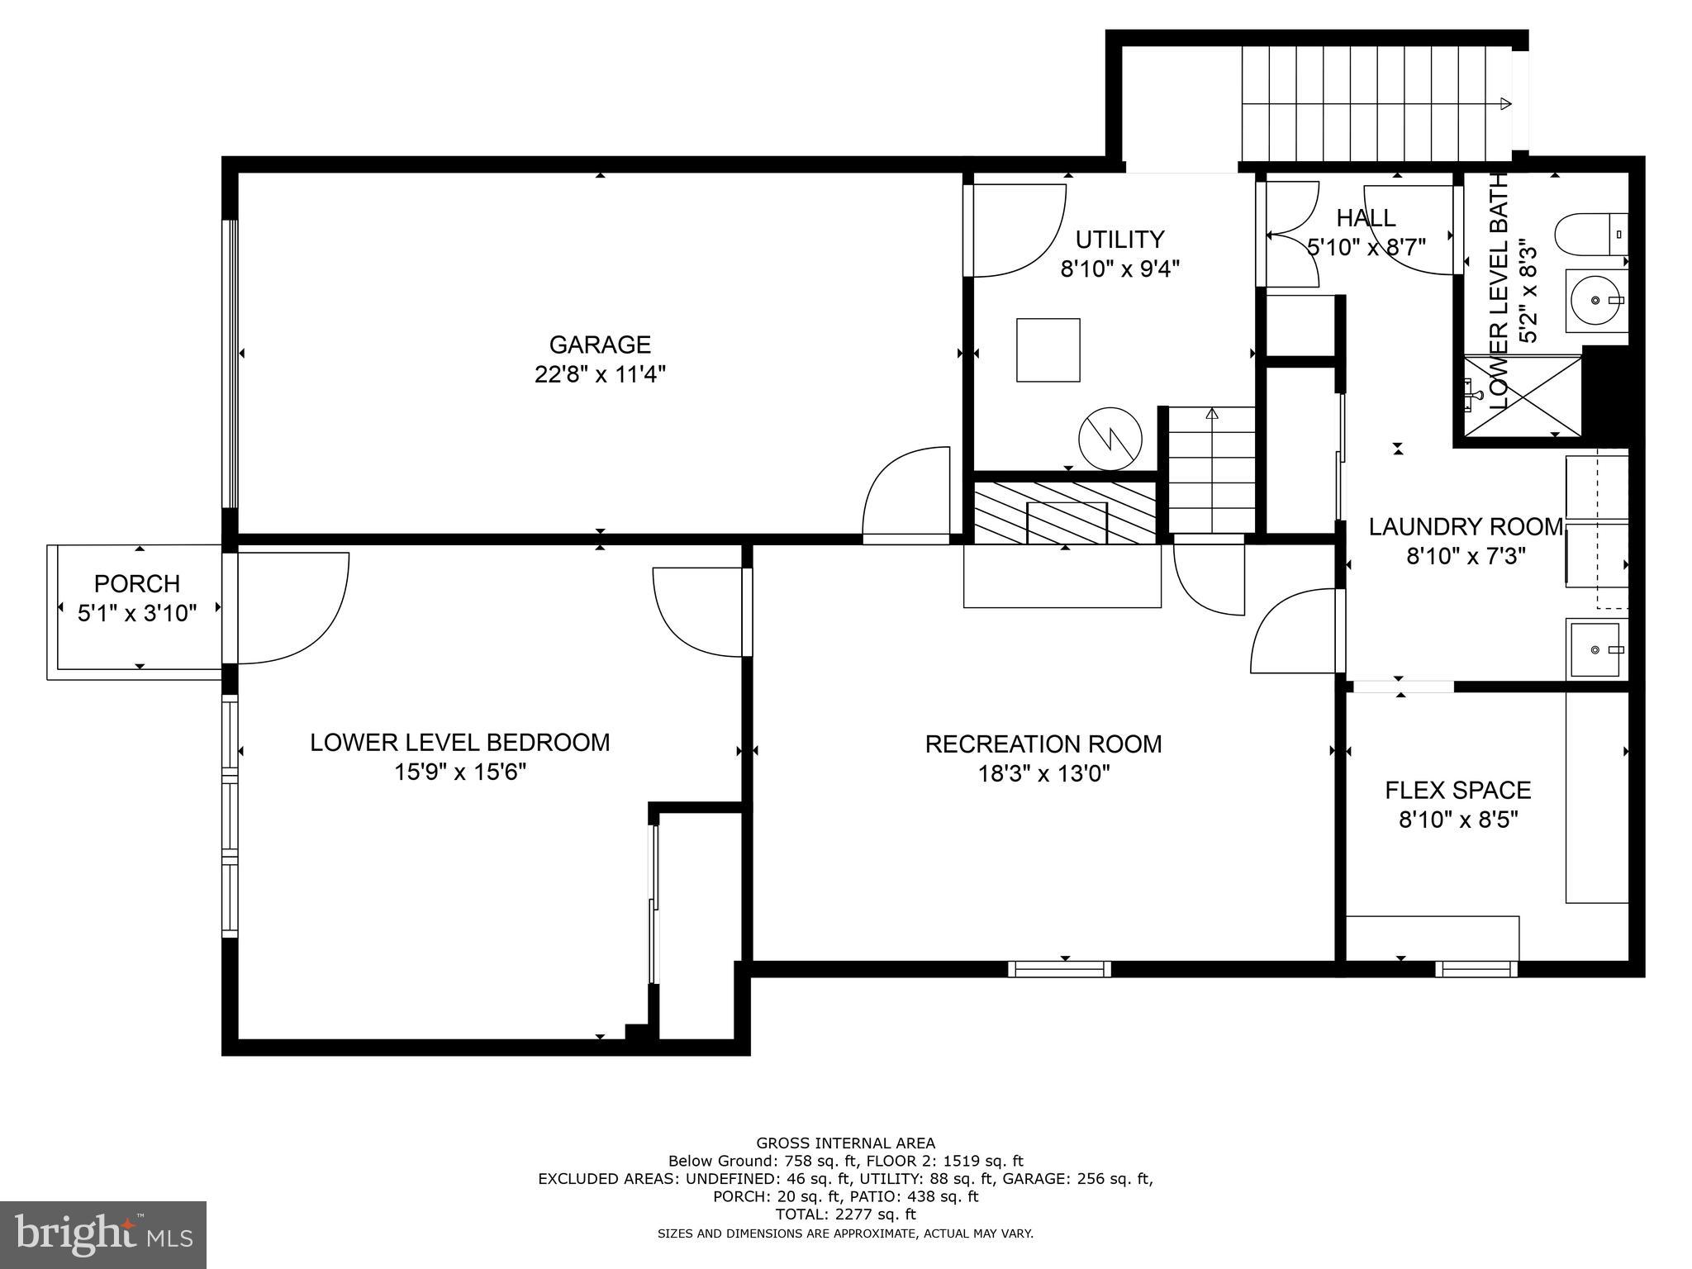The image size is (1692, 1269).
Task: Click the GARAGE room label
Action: point(600,345)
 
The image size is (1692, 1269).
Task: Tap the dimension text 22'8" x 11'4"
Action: point(600,374)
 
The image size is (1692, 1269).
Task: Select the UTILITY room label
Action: point(1119,240)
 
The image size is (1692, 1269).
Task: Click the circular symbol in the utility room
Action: point(1110,439)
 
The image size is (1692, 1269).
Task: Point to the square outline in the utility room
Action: point(1048,350)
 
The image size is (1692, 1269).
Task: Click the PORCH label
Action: point(137,584)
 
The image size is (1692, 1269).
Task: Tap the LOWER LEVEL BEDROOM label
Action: point(459,743)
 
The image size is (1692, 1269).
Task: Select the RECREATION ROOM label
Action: point(1043,744)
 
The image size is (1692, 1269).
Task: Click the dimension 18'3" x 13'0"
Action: point(1043,774)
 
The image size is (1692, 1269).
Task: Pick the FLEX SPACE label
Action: point(1457,791)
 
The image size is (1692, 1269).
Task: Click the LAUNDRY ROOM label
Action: point(1466,527)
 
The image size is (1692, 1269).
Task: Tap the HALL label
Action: point(1366,218)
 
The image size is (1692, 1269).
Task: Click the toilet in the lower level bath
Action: point(1588,235)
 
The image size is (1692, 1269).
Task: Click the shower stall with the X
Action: point(1522,395)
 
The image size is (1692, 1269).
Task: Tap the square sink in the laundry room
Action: point(1595,649)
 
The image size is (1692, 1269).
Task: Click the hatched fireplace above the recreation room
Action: point(1065,512)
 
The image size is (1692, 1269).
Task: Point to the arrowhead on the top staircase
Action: point(1505,104)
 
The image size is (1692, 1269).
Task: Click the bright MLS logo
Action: point(103,1234)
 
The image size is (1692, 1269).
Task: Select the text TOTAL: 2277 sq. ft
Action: point(845,1214)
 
